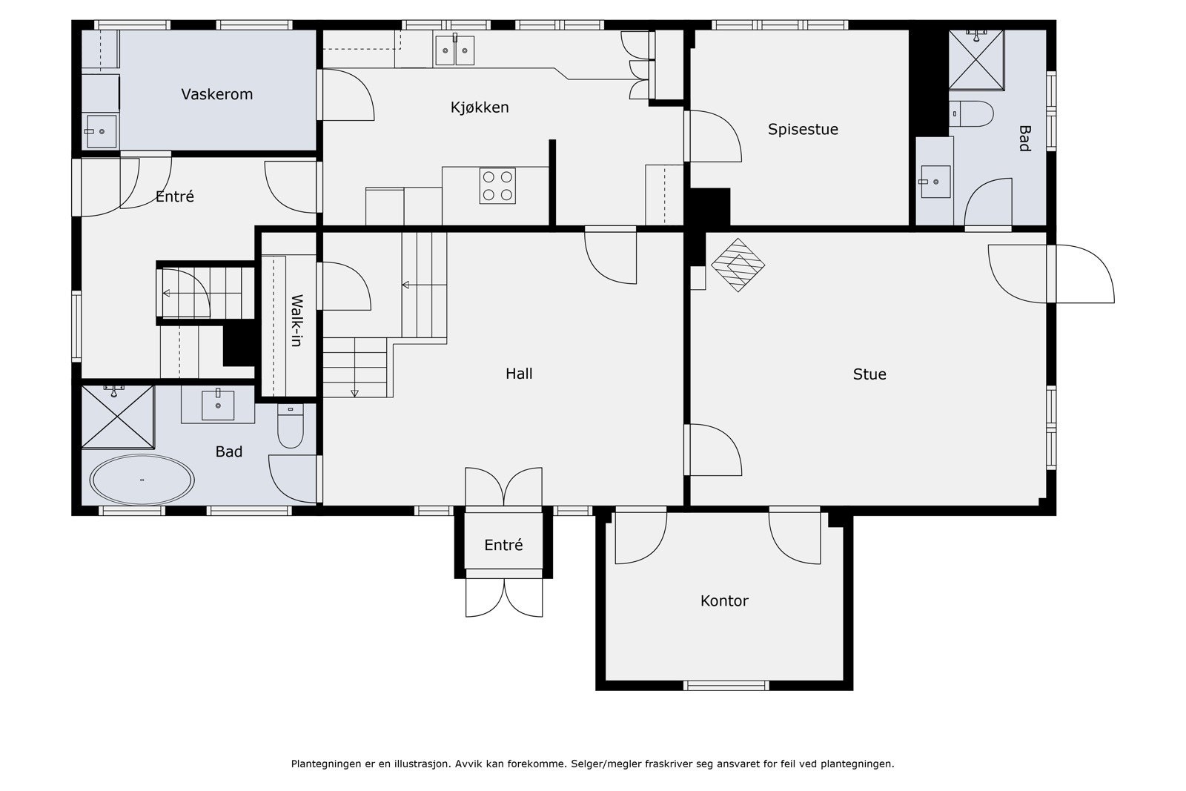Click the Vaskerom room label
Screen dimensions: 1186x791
[x=217, y=94]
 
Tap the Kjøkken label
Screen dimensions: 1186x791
[x=480, y=107]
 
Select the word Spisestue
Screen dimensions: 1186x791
[x=803, y=130]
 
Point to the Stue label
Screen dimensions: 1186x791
[x=869, y=374]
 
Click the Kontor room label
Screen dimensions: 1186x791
[x=723, y=601]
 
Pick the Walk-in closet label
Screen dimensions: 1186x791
[x=297, y=321]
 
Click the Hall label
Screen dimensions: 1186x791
[x=519, y=374]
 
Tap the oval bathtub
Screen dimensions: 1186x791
[x=142, y=480]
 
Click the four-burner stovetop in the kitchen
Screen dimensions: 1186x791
[x=497, y=185]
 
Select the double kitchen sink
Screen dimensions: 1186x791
[x=454, y=50]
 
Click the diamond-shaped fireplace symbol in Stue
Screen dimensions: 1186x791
[x=738, y=265]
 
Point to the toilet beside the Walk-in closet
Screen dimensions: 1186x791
[x=290, y=426]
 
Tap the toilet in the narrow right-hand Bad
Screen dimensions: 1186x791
[x=971, y=114]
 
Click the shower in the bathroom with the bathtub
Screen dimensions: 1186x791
[x=118, y=417]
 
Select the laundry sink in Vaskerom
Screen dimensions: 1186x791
[x=101, y=131]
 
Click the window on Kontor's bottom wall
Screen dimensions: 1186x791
[x=726, y=686]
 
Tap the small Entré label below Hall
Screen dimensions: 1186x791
[x=503, y=545]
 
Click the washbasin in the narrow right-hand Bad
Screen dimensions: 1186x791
[x=935, y=182]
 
